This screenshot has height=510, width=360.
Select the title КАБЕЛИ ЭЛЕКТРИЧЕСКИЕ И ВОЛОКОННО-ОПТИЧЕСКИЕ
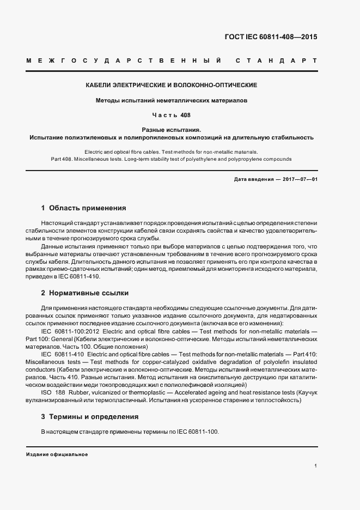click(172, 86)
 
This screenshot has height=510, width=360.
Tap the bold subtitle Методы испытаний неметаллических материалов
click(172, 101)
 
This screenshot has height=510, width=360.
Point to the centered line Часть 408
click(172, 116)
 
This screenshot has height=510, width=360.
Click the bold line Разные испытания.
click(172, 130)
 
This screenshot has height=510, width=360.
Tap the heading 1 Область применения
click(84, 208)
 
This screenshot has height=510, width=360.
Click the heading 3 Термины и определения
click(90, 417)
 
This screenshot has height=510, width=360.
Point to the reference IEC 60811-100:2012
click(69, 330)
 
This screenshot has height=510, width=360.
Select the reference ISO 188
click(51, 392)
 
